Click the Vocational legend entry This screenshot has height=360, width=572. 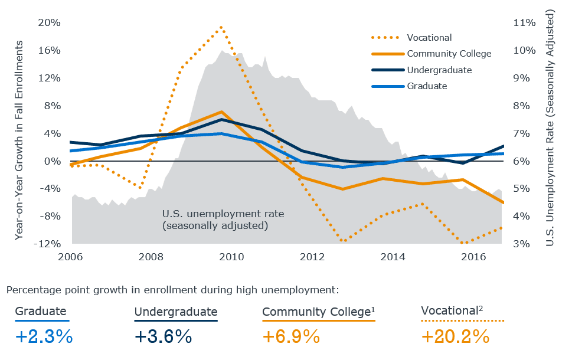pos(429,38)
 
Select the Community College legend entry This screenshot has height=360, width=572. pos(449,54)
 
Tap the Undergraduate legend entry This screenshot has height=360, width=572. pos(439,70)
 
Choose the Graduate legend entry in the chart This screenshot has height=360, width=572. pos(426,86)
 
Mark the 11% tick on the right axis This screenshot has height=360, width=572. pos(524,22)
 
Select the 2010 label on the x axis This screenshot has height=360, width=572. pos(231,257)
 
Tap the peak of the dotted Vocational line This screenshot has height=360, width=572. pos(221,27)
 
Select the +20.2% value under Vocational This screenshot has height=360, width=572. pos(455,336)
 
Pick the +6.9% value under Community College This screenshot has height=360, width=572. pos(291,336)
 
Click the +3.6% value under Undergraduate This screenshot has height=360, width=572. pos(164,336)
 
